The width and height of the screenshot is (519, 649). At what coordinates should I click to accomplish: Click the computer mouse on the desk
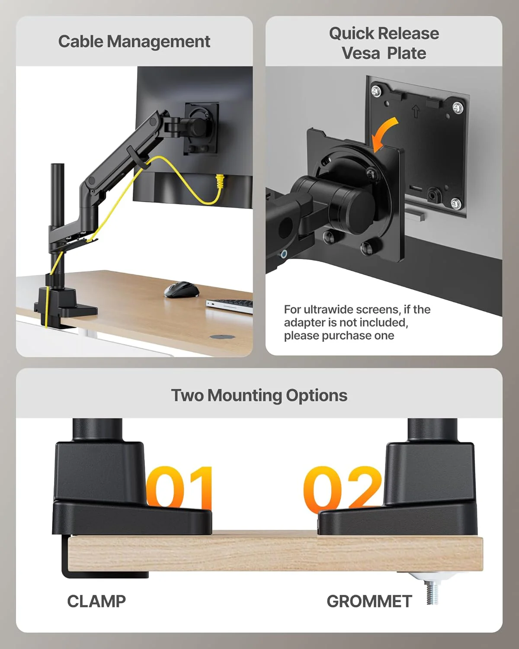(181, 289)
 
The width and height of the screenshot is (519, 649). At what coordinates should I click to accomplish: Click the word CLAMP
(96, 601)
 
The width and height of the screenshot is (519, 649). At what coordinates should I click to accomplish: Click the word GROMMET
(369, 601)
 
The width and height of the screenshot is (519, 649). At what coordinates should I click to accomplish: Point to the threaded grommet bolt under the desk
(432, 591)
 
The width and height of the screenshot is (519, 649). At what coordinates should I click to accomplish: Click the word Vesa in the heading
(361, 53)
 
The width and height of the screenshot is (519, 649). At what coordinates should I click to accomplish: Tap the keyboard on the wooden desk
(229, 305)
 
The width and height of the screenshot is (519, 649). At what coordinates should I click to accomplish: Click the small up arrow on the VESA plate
(416, 112)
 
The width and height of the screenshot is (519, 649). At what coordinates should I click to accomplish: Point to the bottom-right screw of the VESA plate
(455, 202)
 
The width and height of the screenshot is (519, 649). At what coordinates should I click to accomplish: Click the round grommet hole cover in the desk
(222, 336)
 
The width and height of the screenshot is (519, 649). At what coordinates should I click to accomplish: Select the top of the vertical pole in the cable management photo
(58, 166)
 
